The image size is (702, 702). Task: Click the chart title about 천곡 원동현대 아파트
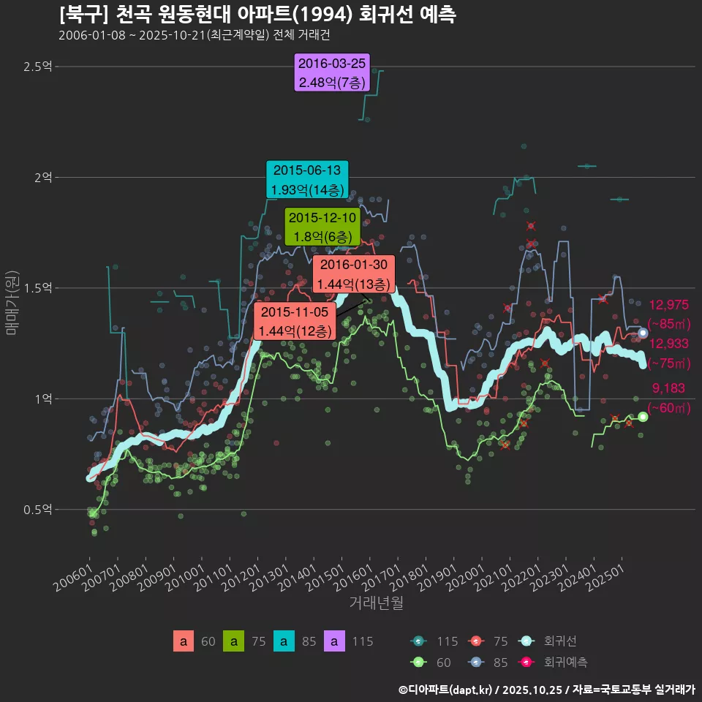(257, 15)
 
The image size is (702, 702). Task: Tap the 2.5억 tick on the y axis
(37, 67)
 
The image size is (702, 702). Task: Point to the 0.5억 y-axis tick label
(37, 510)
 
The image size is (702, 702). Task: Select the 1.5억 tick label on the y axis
(37, 289)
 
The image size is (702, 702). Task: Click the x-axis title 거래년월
(376, 603)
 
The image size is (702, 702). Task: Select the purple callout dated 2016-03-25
(332, 73)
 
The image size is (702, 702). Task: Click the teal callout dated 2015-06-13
(307, 180)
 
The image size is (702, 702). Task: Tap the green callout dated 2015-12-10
(322, 227)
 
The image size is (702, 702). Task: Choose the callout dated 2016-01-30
(354, 274)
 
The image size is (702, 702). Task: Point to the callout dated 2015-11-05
(295, 322)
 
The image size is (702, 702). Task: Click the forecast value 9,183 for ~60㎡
(668, 389)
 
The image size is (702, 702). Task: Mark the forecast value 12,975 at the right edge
(668, 306)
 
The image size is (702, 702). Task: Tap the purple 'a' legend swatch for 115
(334, 641)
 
